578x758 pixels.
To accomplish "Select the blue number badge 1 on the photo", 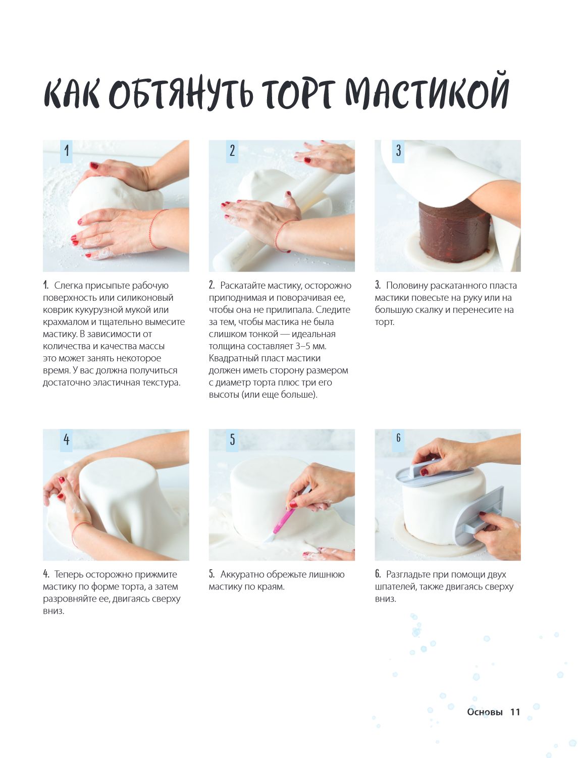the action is point(66,151).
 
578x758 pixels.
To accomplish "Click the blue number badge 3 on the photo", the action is point(398,151).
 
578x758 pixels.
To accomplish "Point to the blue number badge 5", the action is point(232,440).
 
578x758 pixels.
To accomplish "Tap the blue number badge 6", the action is point(398,440).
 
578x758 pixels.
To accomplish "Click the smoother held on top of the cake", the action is point(434,472).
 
